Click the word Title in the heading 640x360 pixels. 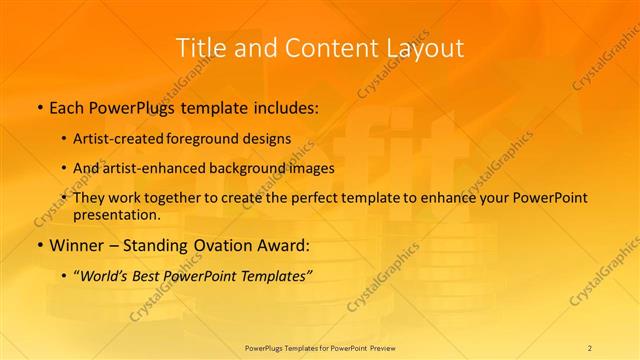click(201, 47)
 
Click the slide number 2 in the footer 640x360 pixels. click(590, 347)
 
